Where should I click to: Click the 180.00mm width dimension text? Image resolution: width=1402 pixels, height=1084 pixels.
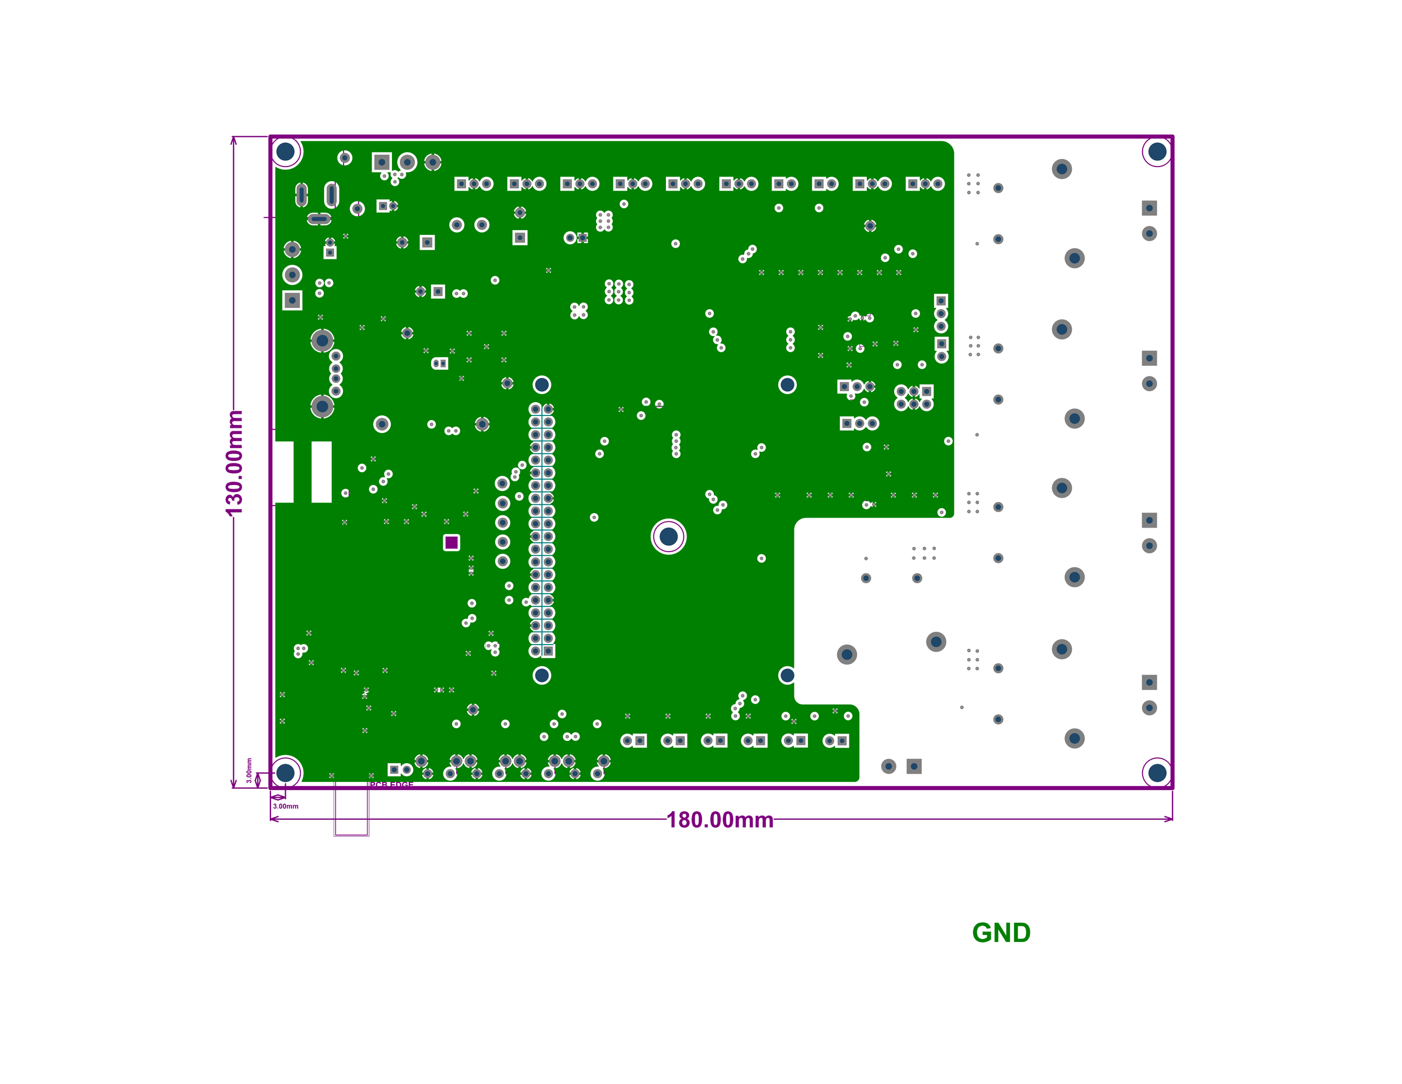coord(720,820)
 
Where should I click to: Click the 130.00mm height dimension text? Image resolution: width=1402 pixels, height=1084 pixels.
coord(235,462)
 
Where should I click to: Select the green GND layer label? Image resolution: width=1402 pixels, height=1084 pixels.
coord(1001,933)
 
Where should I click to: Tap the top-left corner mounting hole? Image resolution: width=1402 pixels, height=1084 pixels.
coord(286,151)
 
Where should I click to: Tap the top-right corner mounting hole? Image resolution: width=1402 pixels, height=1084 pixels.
coord(1157,151)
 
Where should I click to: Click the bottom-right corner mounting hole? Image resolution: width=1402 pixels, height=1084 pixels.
coord(1157,773)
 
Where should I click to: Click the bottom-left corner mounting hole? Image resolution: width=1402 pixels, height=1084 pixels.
coord(286,773)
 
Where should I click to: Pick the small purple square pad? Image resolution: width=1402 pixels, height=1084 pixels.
coord(452,543)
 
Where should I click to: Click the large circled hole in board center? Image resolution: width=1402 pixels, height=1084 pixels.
coord(668,536)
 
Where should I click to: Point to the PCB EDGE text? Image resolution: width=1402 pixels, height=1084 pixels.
coord(391,785)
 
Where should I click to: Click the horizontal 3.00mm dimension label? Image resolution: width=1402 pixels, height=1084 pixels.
coord(286,806)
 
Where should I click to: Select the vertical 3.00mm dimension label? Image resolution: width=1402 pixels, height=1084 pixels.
coord(249,770)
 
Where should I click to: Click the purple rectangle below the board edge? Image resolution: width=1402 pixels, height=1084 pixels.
coord(351,813)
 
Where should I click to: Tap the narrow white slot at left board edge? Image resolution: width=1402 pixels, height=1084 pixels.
coord(284,472)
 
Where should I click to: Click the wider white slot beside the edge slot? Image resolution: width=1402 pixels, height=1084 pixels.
coord(322,472)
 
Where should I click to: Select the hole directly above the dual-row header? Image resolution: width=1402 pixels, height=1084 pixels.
coord(542,385)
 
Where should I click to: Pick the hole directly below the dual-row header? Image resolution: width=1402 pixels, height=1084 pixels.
coord(542,675)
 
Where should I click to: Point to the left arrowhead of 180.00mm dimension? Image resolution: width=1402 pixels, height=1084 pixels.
coord(273,819)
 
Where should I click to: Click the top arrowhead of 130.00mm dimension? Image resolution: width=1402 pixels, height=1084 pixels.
coord(234,139)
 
